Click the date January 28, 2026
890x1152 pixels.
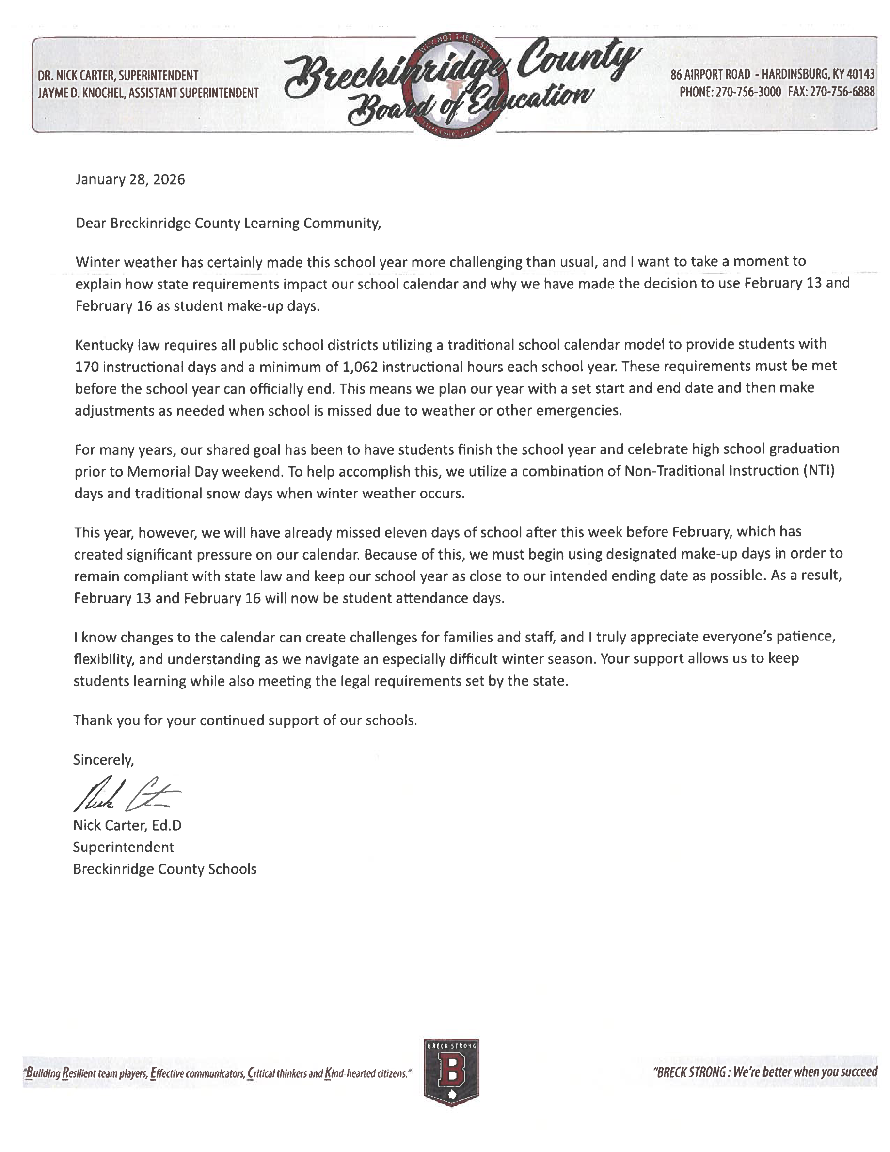tap(130, 180)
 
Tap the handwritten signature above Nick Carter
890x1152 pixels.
tap(126, 794)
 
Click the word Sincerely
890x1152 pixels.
tap(103, 760)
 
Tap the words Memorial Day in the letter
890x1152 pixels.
tap(174, 471)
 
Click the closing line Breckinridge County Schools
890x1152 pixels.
tap(164, 869)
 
